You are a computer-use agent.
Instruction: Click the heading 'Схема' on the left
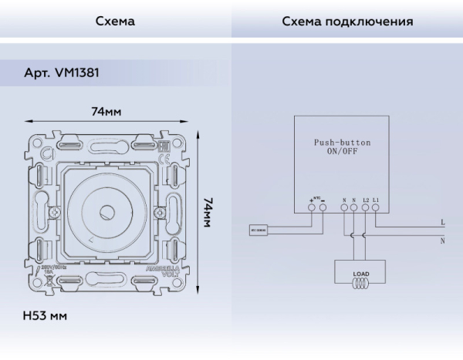tap(115, 22)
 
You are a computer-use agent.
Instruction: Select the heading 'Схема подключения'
tap(346, 22)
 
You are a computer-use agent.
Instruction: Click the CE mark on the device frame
tap(162, 161)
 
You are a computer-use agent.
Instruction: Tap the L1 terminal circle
tap(375, 217)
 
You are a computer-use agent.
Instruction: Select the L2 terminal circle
tap(364, 217)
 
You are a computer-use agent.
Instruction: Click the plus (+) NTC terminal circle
tap(312, 217)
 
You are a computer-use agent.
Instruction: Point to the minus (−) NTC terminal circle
tap(321, 217)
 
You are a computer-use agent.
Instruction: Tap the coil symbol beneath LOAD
tap(360, 282)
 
